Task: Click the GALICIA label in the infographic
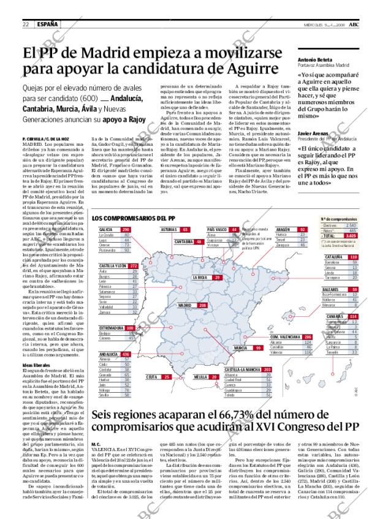(x=106, y=229)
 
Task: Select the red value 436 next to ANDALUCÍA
(x=126, y=354)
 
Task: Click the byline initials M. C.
(x=96, y=461)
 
